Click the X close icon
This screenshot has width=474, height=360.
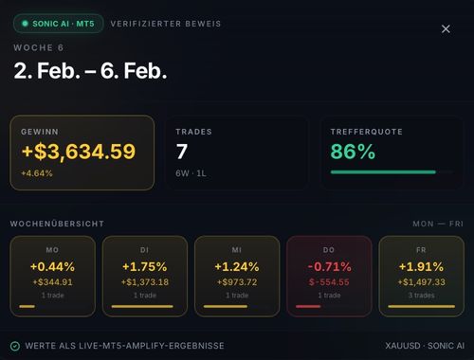pyautogui.click(x=446, y=29)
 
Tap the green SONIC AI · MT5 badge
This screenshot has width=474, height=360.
pyautogui.click(x=59, y=24)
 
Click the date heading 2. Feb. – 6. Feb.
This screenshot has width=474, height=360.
pyautogui.click(x=90, y=71)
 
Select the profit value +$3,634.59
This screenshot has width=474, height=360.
pyautogui.click(x=79, y=152)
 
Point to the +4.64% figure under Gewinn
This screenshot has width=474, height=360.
pyautogui.click(x=37, y=173)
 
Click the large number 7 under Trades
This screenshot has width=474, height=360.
pyautogui.click(x=182, y=152)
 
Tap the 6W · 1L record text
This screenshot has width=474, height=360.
pyautogui.click(x=191, y=173)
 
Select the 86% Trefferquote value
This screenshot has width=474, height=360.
pyautogui.click(x=353, y=152)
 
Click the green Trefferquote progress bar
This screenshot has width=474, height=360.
pyautogui.click(x=383, y=172)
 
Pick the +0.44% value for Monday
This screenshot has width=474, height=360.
pyautogui.click(x=52, y=267)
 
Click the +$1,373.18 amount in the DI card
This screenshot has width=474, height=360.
pyautogui.click(x=145, y=282)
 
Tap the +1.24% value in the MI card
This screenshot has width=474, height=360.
pyautogui.click(x=237, y=267)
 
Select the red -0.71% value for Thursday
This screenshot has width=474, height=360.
pyautogui.click(x=329, y=267)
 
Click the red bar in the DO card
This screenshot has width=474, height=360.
pyautogui.click(x=308, y=306)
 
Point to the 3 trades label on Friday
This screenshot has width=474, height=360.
pyautogui.click(x=421, y=296)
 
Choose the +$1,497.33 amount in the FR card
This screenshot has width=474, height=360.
pyautogui.click(x=422, y=282)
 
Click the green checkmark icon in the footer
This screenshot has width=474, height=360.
pyautogui.click(x=15, y=346)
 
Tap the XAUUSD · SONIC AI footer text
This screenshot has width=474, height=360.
pyautogui.click(x=425, y=346)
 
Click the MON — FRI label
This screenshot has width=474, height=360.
pyautogui.click(x=438, y=224)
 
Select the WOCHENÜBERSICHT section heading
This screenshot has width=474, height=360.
pyautogui.click(x=57, y=224)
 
